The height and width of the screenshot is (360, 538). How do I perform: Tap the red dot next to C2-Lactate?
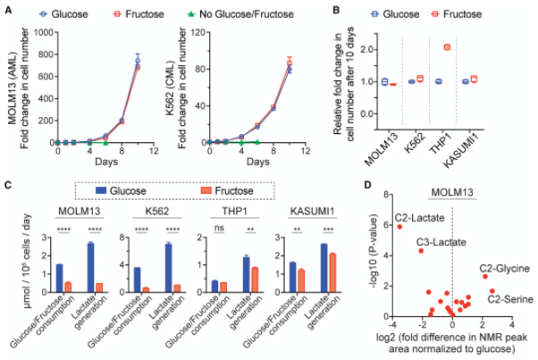[399, 227]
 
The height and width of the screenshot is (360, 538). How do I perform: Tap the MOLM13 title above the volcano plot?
[451, 191]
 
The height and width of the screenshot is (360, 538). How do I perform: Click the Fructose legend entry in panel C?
[220, 191]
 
